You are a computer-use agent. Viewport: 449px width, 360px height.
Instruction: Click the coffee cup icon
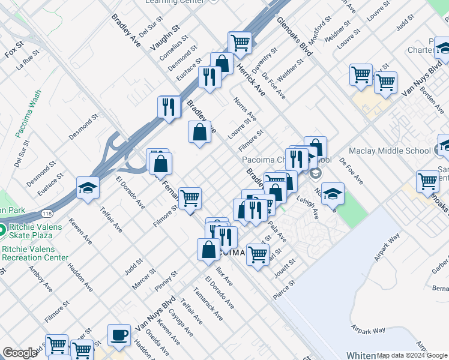pos(119,335)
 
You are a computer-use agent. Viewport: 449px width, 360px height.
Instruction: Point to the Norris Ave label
pos(246,109)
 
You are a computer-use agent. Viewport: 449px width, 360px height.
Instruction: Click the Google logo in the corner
pos(20,353)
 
